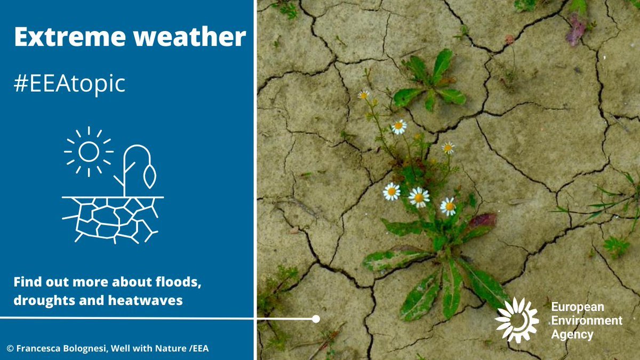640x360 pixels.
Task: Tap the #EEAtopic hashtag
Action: pyautogui.click(x=69, y=84)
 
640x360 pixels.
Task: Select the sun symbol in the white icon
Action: pyautogui.click(x=89, y=151)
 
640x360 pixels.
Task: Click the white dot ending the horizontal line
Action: pyautogui.click(x=316, y=319)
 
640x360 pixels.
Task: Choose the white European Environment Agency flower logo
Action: pyautogui.click(x=516, y=319)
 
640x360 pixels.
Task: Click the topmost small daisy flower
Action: pyautogui.click(x=363, y=95)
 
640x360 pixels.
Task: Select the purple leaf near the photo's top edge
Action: pyautogui.click(x=575, y=29)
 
